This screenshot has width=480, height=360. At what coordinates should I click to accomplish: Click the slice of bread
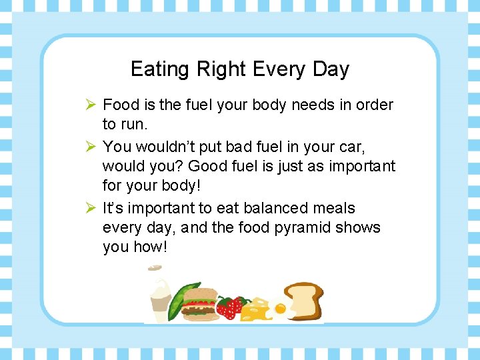pos(304,300)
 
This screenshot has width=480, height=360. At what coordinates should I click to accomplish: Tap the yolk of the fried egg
pos(279,309)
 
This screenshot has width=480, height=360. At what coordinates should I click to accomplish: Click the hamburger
pos(199,304)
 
